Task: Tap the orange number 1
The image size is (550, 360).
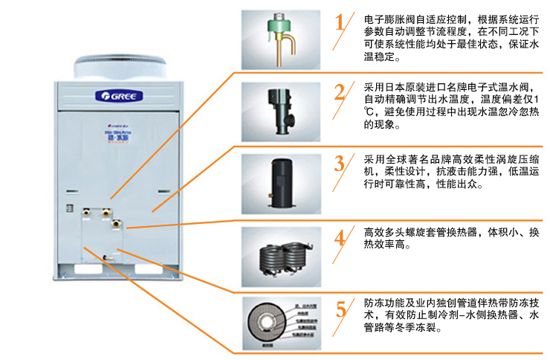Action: tap(340, 22)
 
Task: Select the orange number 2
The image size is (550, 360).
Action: tap(340, 92)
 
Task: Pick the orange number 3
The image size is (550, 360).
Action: tap(340, 163)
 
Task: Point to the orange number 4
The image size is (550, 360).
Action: tap(340, 237)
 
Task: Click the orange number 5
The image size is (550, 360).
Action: tap(340, 309)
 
